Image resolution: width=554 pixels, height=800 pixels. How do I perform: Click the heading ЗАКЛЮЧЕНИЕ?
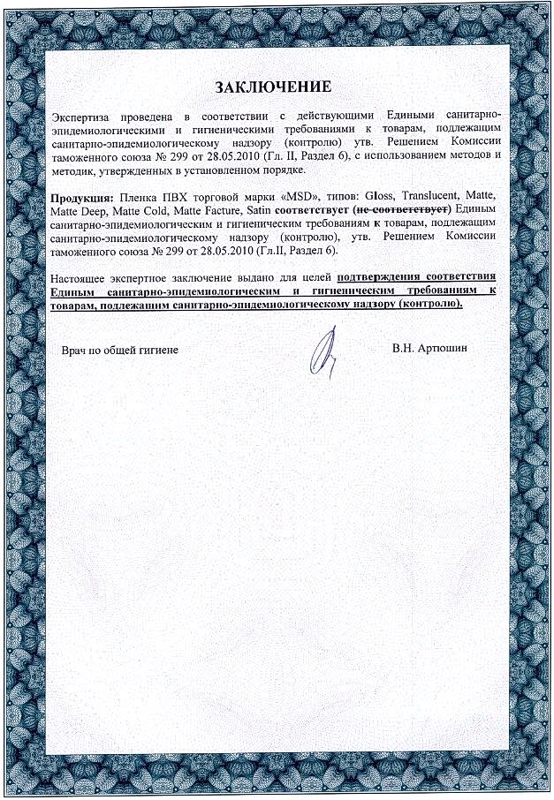click(274, 87)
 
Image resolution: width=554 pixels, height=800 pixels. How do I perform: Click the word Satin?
click(255, 210)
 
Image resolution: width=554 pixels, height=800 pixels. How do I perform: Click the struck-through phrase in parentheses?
click(401, 210)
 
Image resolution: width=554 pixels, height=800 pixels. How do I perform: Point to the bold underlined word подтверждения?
click(383, 278)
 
